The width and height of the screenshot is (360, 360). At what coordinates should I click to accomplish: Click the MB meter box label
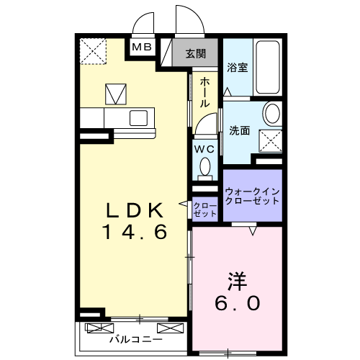click(x=141, y=48)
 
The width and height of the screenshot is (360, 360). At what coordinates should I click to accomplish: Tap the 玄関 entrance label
click(x=195, y=53)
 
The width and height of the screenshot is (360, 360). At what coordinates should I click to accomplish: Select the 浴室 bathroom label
click(x=238, y=69)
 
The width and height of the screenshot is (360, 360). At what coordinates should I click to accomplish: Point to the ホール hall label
click(x=204, y=92)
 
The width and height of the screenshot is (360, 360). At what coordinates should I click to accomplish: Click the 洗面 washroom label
click(x=240, y=131)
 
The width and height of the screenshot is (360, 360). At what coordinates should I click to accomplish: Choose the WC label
click(x=204, y=148)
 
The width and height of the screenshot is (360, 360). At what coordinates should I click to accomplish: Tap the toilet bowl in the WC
click(x=204, y=168)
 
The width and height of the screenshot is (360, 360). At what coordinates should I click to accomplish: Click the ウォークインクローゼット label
click(x=251, y=195)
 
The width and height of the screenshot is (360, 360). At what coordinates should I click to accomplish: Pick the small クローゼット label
click(x=204, y=210)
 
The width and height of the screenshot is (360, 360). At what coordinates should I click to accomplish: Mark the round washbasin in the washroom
click(x=272, y=114)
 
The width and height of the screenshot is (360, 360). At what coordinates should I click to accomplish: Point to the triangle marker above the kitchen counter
click(x=115, y=94)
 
